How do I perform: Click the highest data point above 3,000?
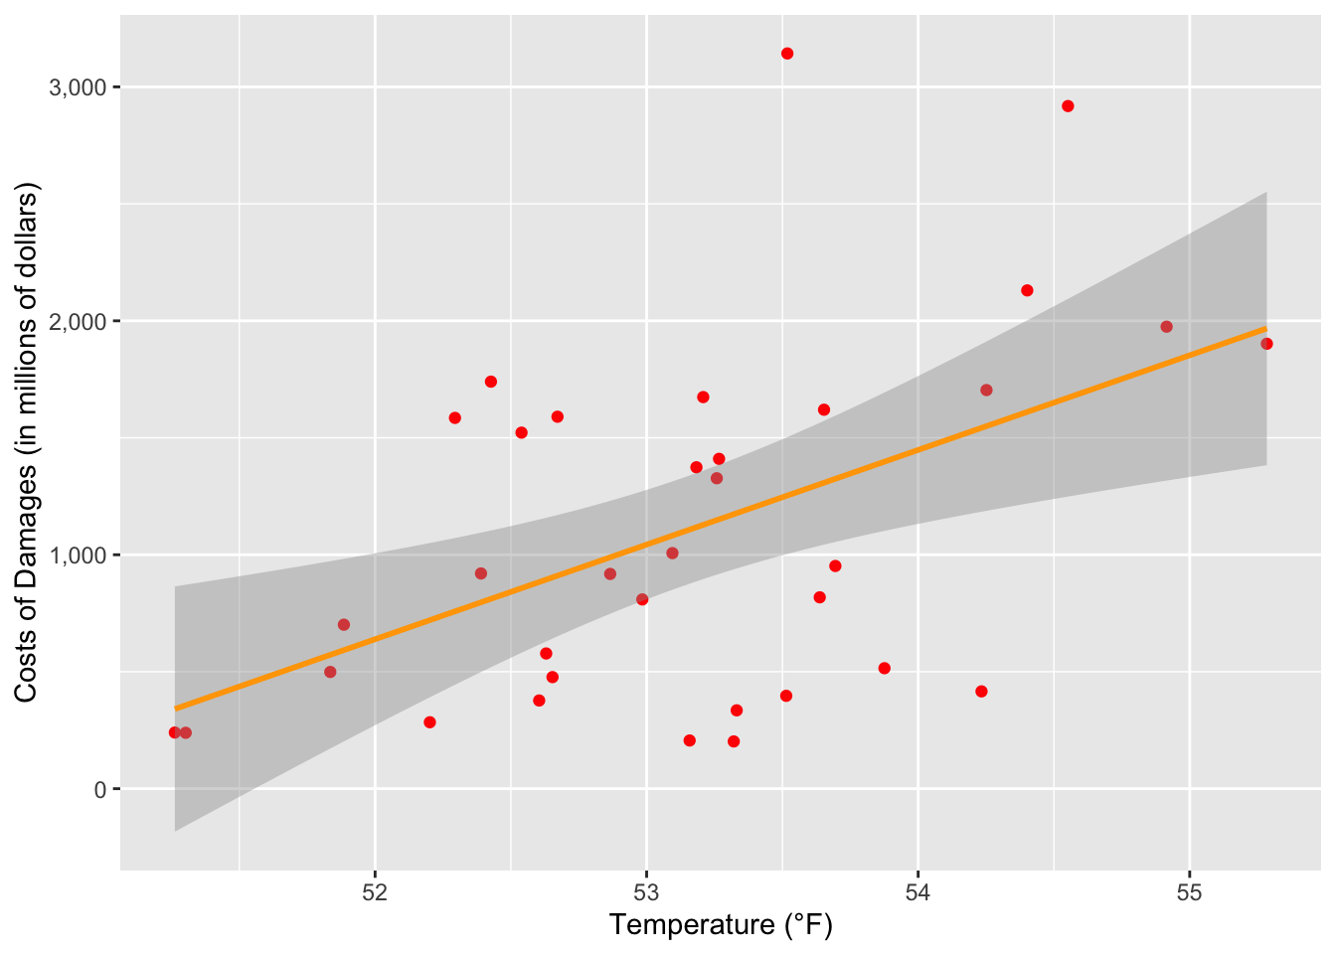pos(787,54)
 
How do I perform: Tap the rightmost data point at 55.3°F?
pos(1266,344)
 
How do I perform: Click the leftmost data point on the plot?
pos(175,732)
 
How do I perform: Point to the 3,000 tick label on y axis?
pos(78,87)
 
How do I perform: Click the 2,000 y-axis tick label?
pos(78,321)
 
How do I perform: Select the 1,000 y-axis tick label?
pos(78,555)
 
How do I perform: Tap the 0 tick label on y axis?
pos(99,789)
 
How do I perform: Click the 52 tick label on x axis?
pos(375,891)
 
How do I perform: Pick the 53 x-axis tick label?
pos(646,891)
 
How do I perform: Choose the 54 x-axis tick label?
pos(918,891)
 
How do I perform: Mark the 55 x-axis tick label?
pos(1189,891)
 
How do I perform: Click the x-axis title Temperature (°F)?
pos(721,925)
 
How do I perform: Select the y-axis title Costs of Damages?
pos(26,442)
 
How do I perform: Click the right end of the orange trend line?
pos(1265,328)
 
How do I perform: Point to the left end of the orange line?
pos(176,709)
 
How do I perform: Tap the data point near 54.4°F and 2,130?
pos(1027,290)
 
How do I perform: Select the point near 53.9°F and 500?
pos(885,668)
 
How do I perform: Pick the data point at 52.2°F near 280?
pos(429,722)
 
